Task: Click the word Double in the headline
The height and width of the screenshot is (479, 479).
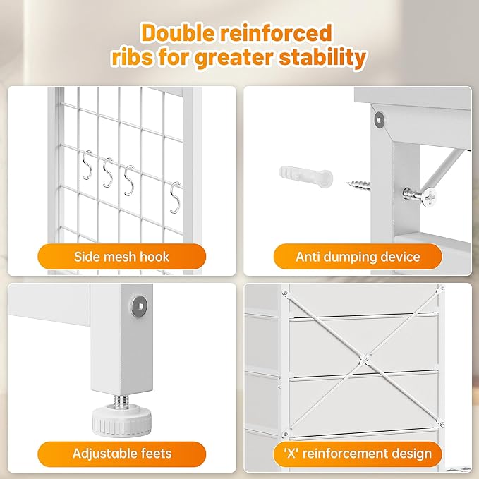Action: pyautogui.click(x=178, y=32)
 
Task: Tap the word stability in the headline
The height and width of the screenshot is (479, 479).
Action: pyautogui.click(x=322, y=57)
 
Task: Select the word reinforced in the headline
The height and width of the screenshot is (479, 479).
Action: pyautogui.click(x=276, y=32)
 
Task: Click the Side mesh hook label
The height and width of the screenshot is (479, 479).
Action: pyautogui.click(x=121, y=257)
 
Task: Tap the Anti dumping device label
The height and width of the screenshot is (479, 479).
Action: pyautogui.click(x=358, y=257)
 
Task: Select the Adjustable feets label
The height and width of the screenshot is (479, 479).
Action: pyautogui.click(x=122, y=454)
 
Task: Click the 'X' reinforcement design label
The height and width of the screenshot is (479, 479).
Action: pyautogui.click(x=358, y=454)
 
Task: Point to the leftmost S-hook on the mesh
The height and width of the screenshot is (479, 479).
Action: pyautogui.click(x=87, y=165)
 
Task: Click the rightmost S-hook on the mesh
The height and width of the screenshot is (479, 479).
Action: pyautogui.click(x=175, y=198)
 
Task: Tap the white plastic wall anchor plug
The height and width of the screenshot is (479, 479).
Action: pyautogui.click(x=305, y=176)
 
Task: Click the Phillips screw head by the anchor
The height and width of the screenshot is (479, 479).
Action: pyautogui.click(x=428, y=198)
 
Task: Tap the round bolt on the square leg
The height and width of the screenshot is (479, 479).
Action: pyautogui.click(x=139, y=305)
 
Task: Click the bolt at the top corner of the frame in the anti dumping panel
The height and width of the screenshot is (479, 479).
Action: pyautogui.click(x=380, y=119)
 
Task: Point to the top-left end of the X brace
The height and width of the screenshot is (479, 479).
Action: pyautogui.click(x=286, y=293)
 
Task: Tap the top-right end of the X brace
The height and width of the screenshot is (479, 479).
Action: pyautogui.click(x=441, y=288)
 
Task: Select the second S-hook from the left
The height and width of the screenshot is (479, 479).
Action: pyautogui.click(x=108, y=173)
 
